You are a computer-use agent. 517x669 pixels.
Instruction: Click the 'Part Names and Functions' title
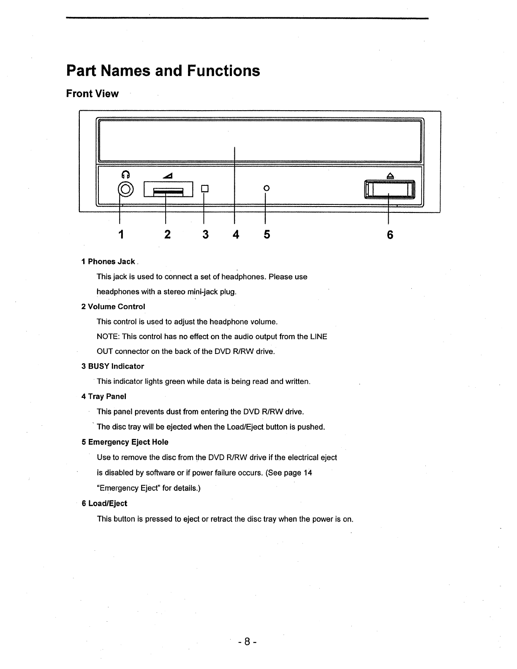(163, 71)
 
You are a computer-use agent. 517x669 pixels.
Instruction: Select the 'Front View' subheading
(92, 94)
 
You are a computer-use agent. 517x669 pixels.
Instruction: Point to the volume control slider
(168, 189)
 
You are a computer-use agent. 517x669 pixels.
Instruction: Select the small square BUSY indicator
(204, 188)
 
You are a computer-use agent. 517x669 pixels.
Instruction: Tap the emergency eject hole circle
(266, 188)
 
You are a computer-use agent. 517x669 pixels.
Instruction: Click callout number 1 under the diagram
(121, 234)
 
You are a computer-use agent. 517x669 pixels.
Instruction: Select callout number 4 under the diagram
(236, 234)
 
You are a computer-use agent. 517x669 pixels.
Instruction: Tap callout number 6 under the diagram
(390, 234)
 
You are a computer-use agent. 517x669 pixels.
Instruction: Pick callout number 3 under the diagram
(205, 234)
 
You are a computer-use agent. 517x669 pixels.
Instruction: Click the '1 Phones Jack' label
(108, 262)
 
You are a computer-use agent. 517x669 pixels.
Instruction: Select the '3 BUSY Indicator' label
(113, 367)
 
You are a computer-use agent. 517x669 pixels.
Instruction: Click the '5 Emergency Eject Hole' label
(125, 442)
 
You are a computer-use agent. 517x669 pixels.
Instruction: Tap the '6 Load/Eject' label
(104, 503)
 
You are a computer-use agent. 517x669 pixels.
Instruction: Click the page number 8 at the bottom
(248, 642)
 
